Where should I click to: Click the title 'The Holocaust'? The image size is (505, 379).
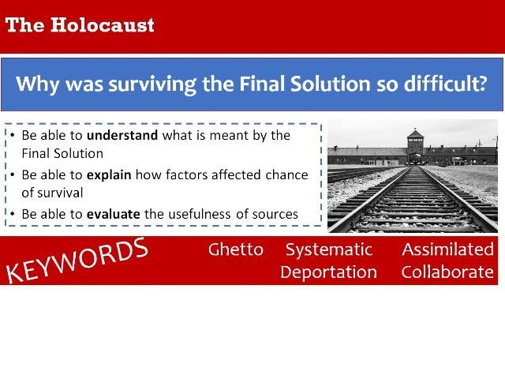tap(80, 24)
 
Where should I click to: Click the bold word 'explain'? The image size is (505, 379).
tap(110, 174)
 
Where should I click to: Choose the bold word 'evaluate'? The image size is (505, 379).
tap(114, 213)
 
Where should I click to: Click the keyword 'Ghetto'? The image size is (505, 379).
tap(235, 250)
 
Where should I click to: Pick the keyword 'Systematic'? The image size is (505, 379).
tap(328, 250)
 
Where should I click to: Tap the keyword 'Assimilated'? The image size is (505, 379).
tap(447, 250)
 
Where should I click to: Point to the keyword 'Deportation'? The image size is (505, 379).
tap(328, 272)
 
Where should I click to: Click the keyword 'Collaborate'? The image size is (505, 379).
tap(447, 272)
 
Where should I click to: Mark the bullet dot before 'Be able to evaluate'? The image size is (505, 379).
tap(13, 213)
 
